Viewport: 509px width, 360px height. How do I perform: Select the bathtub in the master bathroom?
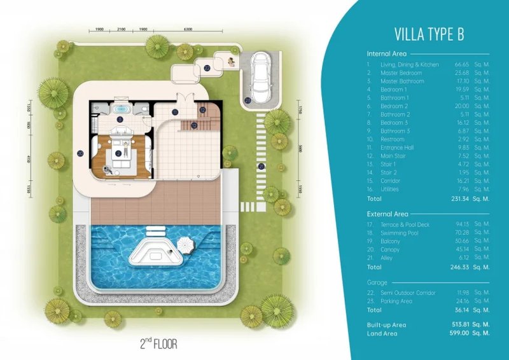click(121, 110)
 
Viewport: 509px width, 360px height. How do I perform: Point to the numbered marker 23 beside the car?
click(247, 100)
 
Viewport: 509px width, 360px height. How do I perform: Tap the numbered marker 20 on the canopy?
click(81, 153)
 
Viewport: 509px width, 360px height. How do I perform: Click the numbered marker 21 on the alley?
click(261, 167)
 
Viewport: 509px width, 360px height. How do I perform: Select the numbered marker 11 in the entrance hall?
click(175, 113)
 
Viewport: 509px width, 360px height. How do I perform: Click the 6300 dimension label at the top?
click(188, 30)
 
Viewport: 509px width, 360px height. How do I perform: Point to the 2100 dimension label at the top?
click(122, 30)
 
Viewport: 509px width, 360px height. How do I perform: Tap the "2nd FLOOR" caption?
click(158, 344)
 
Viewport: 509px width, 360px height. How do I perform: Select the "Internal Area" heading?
click(387, 54)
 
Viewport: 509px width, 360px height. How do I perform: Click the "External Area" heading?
click(387, 214)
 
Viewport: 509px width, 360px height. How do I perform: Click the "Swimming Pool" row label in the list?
click(398, 233)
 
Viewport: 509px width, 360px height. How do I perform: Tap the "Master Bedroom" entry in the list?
click(398, 73)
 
